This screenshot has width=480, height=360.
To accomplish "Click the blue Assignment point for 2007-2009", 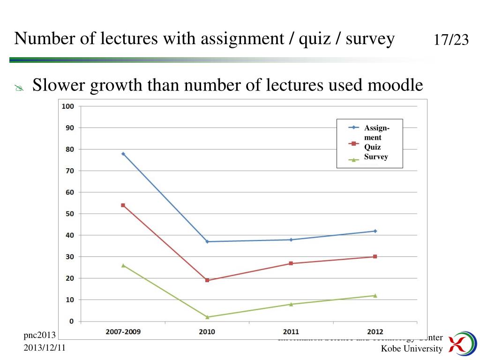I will [x=123, y=154].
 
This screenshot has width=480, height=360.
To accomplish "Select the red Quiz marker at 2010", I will [x=207, y=280].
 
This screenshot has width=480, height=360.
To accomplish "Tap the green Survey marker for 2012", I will [x=375, y=295].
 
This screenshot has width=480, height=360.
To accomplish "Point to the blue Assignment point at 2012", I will [x=375, y=231].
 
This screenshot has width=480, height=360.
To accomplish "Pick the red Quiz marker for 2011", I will [x=291, y=263].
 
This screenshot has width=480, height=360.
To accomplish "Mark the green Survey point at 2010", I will [x=207, y=317].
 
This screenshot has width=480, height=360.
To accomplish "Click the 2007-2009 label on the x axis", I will [x=123, y=332].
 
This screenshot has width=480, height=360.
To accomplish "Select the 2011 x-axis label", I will [x=291, y=332].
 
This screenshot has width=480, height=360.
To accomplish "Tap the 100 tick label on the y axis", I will [x=68, y=106].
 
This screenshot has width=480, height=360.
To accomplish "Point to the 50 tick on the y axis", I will [x=69, y=214].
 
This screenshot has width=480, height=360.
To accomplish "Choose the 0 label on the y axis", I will [x=71, y=321].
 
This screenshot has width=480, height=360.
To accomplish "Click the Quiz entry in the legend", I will [x=372, y=147].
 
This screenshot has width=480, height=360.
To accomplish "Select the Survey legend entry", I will [x=376, y=157].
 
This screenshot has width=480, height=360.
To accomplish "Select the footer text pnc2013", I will [x=40, y=335].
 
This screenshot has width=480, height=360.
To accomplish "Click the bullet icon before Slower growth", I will [x=19, y=87].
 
